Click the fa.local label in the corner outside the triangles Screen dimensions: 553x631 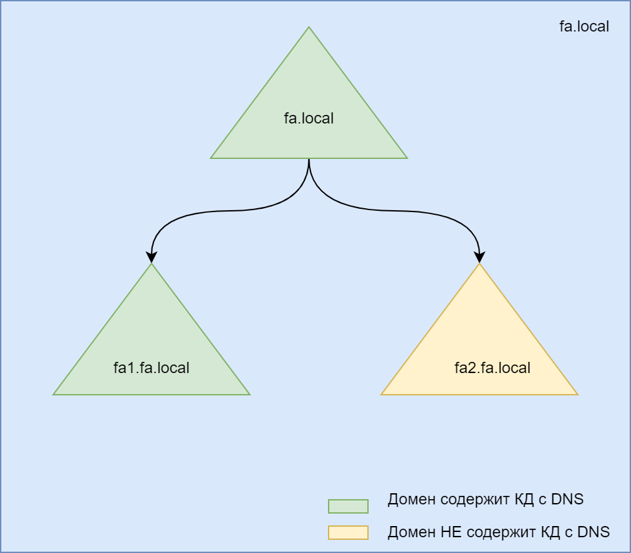point(584,27)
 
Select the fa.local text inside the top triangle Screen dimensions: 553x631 point(309,119)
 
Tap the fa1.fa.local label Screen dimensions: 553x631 point(152,368)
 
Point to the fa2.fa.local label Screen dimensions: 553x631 point(493,368)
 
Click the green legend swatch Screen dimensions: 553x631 point(348,506)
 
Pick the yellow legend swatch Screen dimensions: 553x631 point(348,532)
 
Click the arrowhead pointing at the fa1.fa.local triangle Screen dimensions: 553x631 point(152,257)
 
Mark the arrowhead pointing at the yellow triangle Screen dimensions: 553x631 point(479,257)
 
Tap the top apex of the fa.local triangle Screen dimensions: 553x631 point(309,28)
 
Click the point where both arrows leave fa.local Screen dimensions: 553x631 point(309,160)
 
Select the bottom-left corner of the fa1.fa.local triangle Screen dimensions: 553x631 point(54,394)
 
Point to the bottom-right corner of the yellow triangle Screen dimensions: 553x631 point(577,394)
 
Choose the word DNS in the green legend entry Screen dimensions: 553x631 point(567,499)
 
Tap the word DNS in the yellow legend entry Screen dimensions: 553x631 point(594,532)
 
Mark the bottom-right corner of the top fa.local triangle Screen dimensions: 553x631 point(406,158)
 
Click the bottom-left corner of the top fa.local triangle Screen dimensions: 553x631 point(212,158)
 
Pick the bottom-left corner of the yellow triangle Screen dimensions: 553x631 point(382,394)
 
